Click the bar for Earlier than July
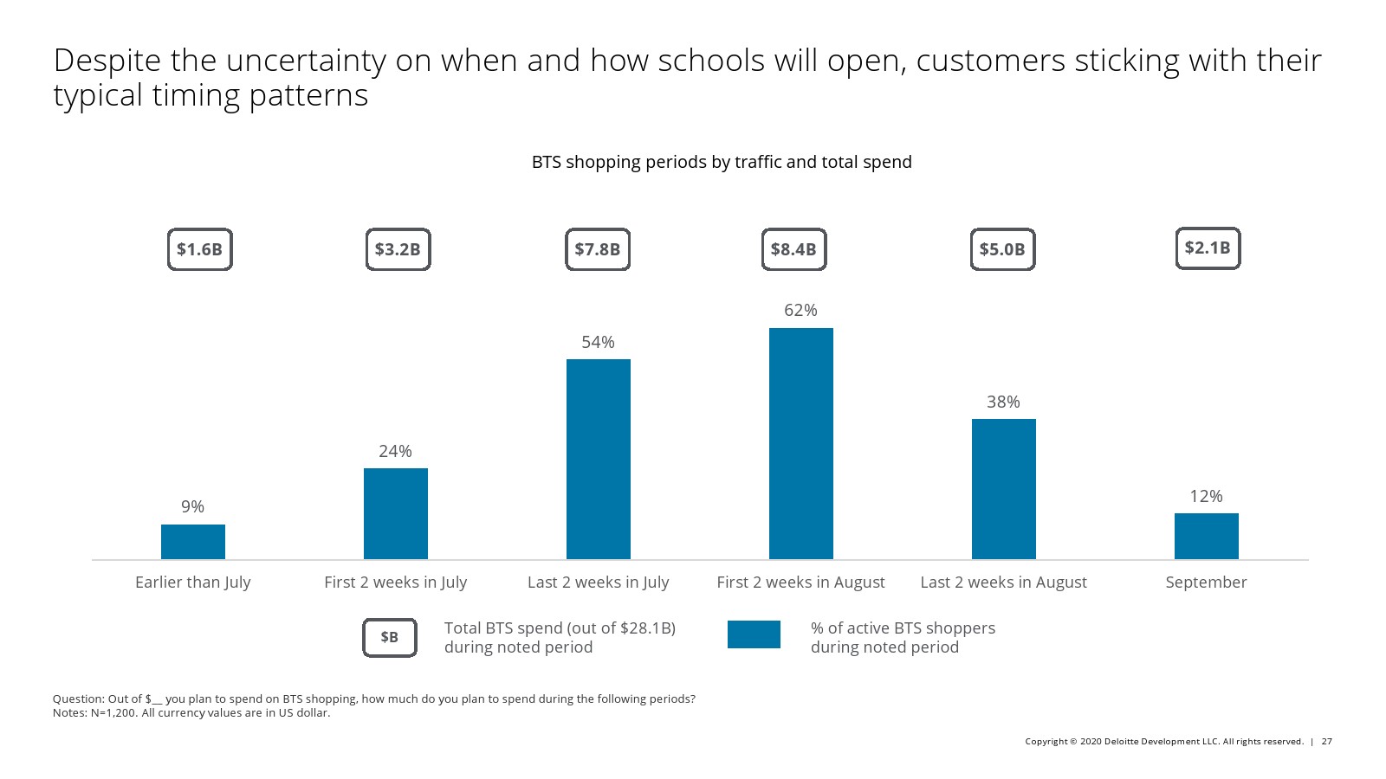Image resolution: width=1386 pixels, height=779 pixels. click(192, 542)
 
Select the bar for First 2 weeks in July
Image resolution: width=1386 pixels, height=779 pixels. click(395, 513)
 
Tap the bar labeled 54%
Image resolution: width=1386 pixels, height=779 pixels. click(598, 459)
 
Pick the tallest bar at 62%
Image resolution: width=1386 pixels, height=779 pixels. click(800, 443)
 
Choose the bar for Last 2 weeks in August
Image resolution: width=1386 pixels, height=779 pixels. click(1003, 489)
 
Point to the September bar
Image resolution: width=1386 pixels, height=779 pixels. click(1206, 536)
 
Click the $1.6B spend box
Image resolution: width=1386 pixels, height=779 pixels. click(199, 249)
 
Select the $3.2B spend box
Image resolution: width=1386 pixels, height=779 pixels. click(398, 249)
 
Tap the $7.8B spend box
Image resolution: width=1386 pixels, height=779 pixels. click(598, 249)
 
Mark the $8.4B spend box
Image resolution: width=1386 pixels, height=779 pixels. click(793, 249)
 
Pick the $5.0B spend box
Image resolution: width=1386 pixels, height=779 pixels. click(1002, 249)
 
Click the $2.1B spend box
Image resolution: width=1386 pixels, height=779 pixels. click(1208, 248)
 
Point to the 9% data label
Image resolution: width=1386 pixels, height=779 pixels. click(192, 506)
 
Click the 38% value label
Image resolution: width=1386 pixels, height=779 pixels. click(1003, 402)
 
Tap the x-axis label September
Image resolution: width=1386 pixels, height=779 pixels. click(1206, 582)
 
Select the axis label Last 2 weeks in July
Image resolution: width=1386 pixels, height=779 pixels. click(598, 582)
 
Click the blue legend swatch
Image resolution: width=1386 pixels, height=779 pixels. click(754, 634)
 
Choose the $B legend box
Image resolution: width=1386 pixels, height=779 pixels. click(390, 637)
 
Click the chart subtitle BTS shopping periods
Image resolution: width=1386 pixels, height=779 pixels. click(721, 162)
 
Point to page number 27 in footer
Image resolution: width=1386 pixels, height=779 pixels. click(1326, 741)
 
